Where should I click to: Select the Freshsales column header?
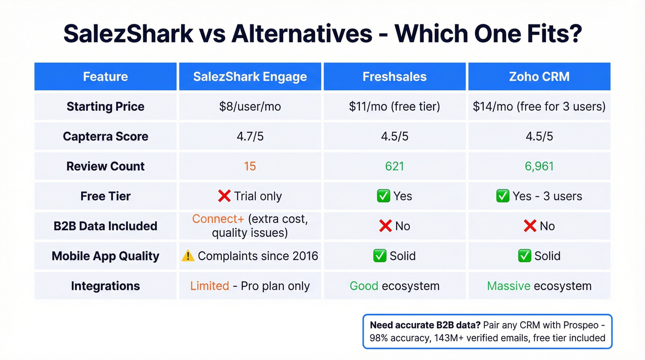pos(394,77)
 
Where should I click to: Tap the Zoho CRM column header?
pos(539,77)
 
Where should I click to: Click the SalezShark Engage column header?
pos(250,77)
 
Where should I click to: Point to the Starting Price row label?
pos(106,106)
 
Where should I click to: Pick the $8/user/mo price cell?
pos(250,106)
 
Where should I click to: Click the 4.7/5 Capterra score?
pos(250,136)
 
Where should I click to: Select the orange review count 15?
pos(250,166)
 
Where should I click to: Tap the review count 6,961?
pos(539,166)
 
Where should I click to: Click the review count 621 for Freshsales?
pos(394,166)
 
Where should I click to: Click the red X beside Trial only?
pos(224,196)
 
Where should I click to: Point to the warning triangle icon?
pos(188,256)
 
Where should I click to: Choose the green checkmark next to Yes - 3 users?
pos(502,196)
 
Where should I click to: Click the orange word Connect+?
pos(218,219)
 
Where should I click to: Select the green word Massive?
pos(508,286)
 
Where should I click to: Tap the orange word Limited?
pos(210,286)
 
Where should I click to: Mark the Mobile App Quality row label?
pos(106,256)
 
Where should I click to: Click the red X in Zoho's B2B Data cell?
pos(530,226)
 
